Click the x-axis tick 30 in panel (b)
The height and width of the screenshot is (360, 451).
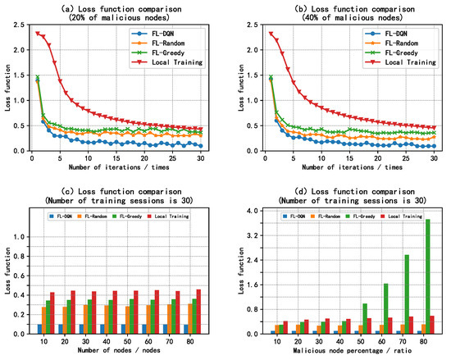pos(430,157)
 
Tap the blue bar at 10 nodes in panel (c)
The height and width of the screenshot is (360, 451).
pos(39,329)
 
